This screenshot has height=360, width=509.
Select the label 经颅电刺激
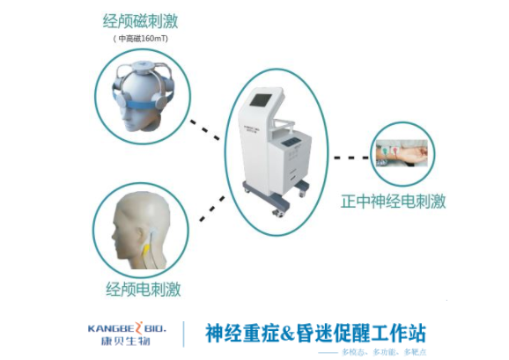tap(144, 288)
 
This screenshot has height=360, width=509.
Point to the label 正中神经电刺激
tap(394, 202)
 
